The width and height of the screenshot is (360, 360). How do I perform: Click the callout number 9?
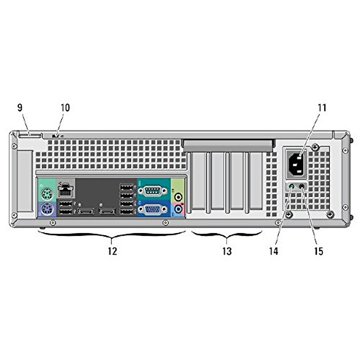point(20,108)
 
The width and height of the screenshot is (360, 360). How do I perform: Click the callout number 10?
point(65,108)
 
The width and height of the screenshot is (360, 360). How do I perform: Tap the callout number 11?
point(322,108)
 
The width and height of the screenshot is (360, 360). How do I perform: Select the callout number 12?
point(112,251)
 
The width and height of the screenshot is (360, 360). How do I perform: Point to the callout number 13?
point(227,251)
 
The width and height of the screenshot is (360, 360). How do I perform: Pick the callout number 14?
point(273,251)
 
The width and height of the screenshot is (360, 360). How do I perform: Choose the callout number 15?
point(319,251)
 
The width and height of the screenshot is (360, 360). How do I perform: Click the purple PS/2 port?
point(46,208)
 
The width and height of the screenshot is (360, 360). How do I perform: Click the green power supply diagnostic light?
point(291,187)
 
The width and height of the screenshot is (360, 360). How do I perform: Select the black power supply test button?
point(302,187)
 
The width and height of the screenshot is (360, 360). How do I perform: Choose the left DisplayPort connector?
point(85,211)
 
